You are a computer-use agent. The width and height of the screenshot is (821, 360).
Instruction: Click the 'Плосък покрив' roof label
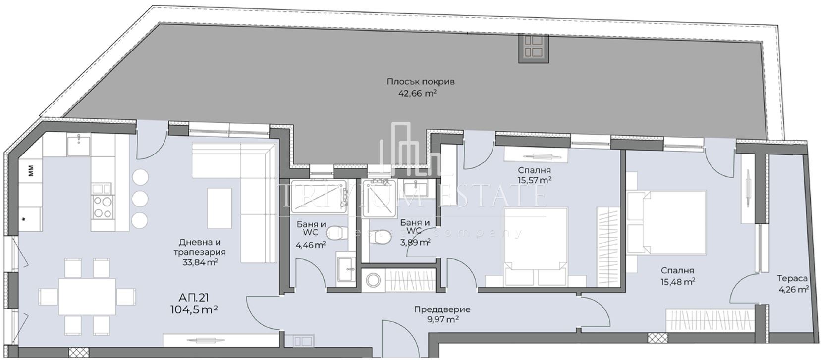click(420, 81)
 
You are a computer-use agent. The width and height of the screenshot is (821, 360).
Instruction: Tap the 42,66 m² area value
click(417, 93)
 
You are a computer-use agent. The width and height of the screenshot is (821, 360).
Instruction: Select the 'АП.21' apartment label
click(194, 298)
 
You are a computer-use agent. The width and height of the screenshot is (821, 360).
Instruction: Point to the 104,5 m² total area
click(194, 310)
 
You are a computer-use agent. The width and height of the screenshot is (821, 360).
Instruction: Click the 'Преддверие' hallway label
click(442, 309)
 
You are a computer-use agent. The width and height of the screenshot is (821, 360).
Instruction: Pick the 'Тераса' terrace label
click(792, 278)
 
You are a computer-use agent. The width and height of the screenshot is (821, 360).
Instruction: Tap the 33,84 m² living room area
click(200, 262)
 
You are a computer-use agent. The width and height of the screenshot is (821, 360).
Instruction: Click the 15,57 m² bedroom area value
click(535, 180)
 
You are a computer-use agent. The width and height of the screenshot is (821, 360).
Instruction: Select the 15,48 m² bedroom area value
click(678, 282)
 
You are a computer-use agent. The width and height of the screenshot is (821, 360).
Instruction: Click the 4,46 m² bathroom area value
click(311, 245)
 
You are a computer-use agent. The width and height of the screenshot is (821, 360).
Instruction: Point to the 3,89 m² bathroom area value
click(415, 242)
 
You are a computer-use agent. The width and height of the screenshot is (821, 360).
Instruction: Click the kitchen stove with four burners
click(103, 207)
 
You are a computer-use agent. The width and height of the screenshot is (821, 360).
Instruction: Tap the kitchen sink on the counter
click(78, 145)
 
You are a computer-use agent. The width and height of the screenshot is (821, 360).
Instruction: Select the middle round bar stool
click(140, 199)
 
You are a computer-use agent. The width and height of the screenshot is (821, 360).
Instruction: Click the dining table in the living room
click(87, 297)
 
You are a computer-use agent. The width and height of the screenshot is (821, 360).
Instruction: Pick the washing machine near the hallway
click(373, 281)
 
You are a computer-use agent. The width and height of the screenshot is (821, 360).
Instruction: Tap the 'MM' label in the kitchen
click(31, 170)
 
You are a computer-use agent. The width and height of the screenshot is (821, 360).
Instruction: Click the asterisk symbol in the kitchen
click(24, 220)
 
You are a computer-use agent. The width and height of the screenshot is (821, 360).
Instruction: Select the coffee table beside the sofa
click(219, 208)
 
